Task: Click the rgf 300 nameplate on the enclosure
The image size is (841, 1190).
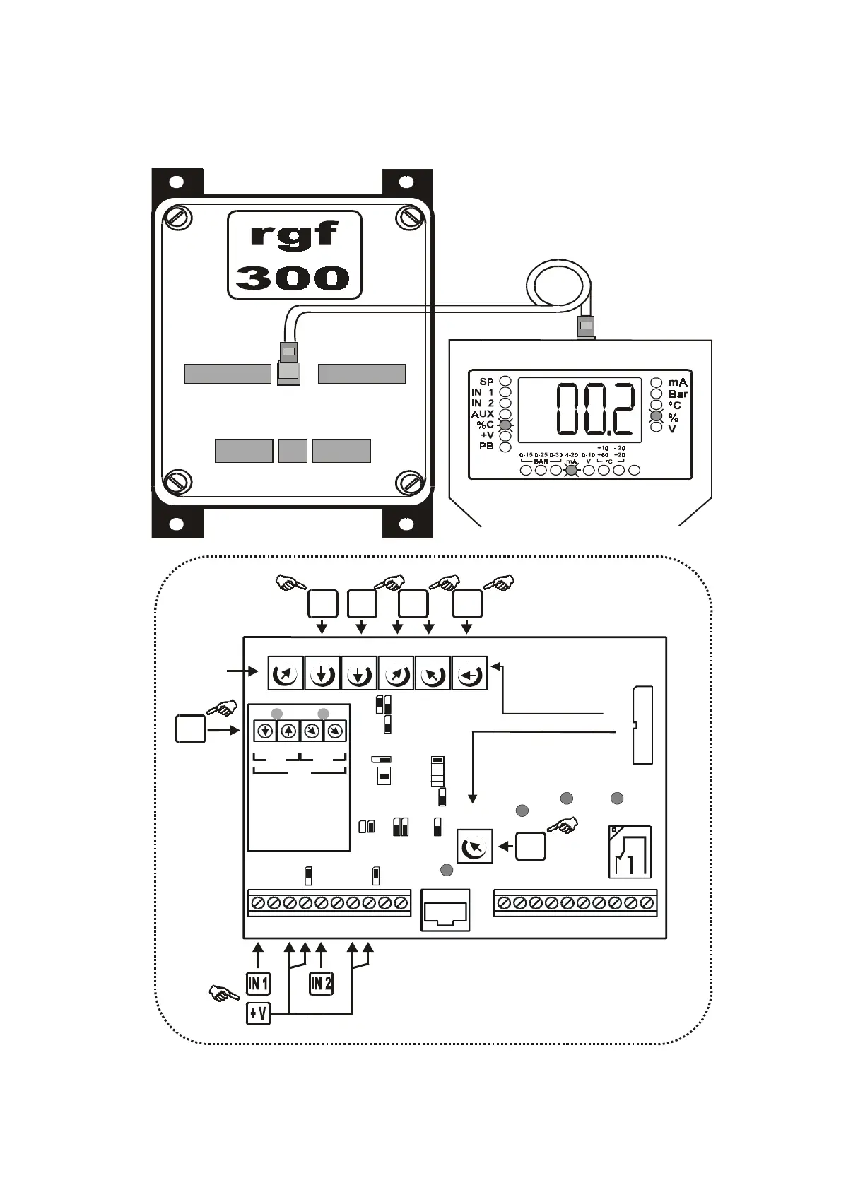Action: [x=294, y=255]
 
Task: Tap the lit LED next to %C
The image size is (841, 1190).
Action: [x=505, y=425]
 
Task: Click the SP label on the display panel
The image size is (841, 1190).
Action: [x=486, y=382]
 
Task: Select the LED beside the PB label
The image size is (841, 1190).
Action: [x=505, y=447]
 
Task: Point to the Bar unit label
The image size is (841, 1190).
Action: [x=677, y=394]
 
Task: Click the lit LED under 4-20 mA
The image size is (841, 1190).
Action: [x=571, y=470]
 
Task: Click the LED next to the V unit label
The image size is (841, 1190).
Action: [x=657, y=428]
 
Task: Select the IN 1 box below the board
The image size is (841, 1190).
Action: [x=258, y=983]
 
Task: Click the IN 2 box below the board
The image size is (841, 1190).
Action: [x=322, y=983]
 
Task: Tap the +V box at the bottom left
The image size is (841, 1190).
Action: [x=258, y=1014]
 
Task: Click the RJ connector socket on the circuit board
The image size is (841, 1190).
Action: [x=445, y=910]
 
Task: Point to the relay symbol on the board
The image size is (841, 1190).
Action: [x=630, y=852]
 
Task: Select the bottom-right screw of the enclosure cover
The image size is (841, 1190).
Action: [x=409, y=483]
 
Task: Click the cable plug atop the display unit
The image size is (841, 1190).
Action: [x=586, y=327]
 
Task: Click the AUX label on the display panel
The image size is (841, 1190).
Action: [x=483, y=414]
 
